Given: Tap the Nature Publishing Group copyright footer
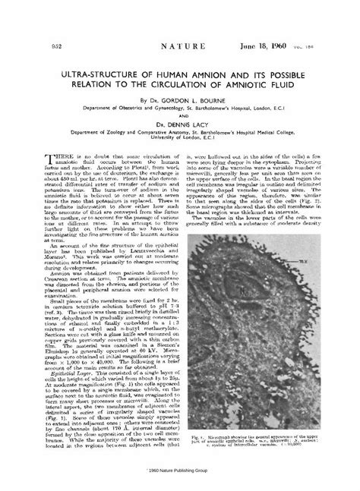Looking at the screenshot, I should coord(180,470).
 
